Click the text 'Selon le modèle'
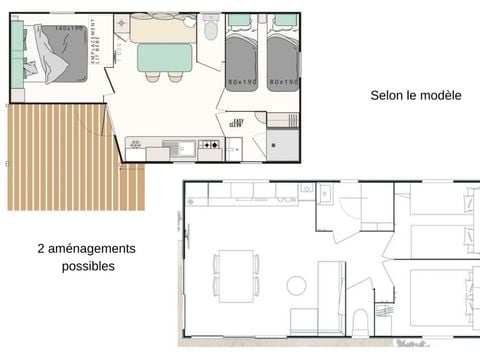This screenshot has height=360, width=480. tap(415, 96)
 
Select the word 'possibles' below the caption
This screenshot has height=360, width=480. tap(88, 266)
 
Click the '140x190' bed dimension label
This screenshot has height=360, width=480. tap(69, 28)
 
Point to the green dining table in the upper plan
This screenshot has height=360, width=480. tap(165, 58)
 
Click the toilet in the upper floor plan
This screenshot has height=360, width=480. tap(210, 30)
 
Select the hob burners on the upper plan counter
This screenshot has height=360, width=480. tap(211, 149)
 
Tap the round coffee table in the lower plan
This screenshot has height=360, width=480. tap(296, 286)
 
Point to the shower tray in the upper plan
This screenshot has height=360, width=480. tap(282, 145)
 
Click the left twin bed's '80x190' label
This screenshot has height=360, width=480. tap(240, 82)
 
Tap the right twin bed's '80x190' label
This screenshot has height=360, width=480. tap(284, 82)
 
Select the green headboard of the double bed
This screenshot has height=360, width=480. tap(17, 56)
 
